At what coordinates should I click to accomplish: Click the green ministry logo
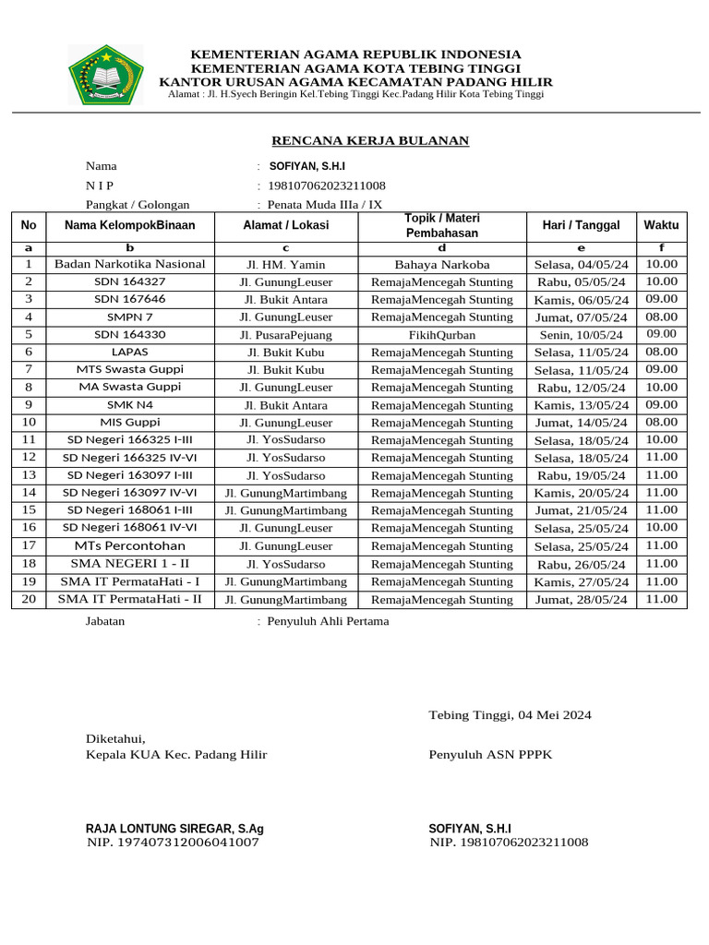coord(105,74)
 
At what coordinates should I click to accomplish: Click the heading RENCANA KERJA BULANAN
coord(369,140)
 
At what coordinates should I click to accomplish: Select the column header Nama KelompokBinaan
coord(130,225)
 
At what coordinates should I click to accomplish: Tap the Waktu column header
coord(661,225)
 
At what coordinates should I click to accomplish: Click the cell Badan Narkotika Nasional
coord(130,264)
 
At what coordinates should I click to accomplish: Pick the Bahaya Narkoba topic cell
coord(441,265)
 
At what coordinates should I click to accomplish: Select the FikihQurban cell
coord(441,335)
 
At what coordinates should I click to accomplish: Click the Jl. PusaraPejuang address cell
coord(285,335)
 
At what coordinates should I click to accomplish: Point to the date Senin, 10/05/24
coord(581,335)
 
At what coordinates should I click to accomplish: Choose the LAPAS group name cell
coord(130,352)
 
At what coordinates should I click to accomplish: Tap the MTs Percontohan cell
coord(130,545)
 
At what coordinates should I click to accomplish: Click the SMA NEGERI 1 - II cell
coord(130,563)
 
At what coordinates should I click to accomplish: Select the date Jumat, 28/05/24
coord(581,599)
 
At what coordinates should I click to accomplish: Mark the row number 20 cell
coord(29,598)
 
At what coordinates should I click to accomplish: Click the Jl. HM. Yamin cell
coord(285,265)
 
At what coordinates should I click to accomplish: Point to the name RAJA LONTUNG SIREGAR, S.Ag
coord(174,829)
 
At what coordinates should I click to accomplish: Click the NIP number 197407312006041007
coord(173,843)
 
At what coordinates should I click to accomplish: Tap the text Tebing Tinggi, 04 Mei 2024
coord(510,715)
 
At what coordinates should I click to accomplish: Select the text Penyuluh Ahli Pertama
coord(328,621)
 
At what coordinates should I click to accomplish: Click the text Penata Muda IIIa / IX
coord(324,205)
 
